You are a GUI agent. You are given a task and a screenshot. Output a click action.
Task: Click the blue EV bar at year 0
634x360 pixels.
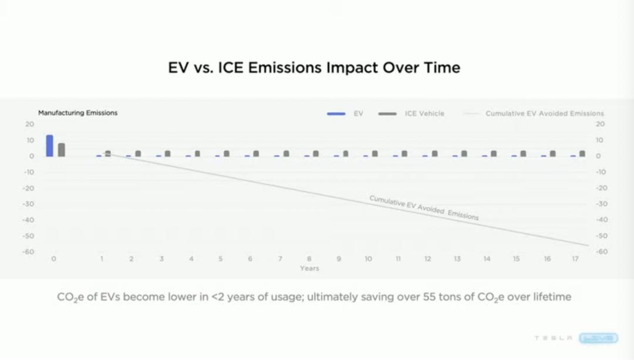coord(50,146)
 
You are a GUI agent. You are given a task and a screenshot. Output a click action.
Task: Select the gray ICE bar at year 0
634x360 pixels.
coord(62,150)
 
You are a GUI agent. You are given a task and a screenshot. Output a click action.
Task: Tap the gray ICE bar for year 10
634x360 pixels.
coord(375,153)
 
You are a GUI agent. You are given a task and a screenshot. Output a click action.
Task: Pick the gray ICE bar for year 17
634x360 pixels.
coord(582,153)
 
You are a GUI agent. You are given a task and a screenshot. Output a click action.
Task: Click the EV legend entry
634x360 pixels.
coord(358,113)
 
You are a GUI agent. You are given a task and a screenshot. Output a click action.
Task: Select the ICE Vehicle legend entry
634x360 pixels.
coord(424,113)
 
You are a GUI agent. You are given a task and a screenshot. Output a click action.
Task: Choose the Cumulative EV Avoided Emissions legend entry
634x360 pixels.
coord(544,113)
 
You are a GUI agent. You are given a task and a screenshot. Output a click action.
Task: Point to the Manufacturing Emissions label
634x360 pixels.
coord(77,113)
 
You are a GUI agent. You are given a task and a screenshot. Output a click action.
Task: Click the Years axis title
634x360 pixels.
coord(309,268)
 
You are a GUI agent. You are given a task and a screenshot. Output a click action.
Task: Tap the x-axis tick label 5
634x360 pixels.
coord(220,259)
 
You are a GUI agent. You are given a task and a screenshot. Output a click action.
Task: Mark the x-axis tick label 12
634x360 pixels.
coord(427,259)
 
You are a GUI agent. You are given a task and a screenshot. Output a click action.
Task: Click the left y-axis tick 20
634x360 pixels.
coord(30,124)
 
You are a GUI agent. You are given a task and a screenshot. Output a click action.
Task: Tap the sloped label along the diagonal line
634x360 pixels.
coord(424,207)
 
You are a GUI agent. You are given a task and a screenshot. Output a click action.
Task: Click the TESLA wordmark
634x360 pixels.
coord(553,338)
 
